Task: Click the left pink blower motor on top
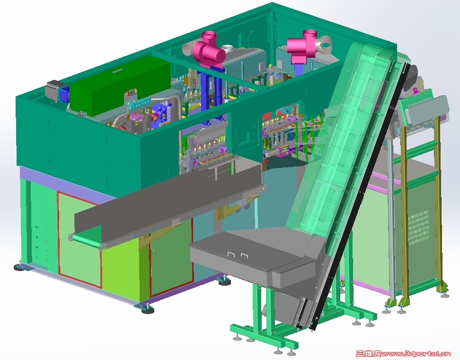click(x=209, y=51)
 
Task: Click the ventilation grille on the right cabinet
click(x=418, y=227)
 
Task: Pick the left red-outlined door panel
click(x=79, y=239)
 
